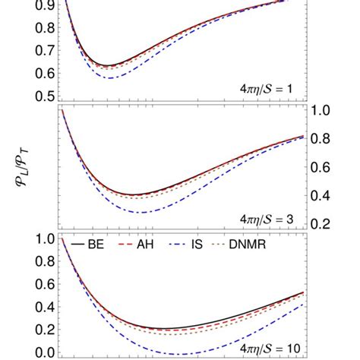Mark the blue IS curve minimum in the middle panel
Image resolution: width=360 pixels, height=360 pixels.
tap(141, 212)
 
